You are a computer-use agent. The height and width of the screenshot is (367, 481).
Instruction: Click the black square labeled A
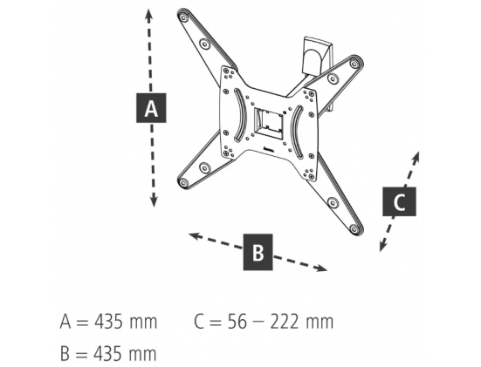pyautogui.click(x=151, y=108)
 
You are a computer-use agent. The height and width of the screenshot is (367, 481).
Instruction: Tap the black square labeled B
pyautogui.click(x=258, y=252)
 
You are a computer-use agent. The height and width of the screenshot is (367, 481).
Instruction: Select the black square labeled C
pyautogui.click(x=399, y=201)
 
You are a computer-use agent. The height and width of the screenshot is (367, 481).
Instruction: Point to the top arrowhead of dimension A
pyautogui.click(x=148, y=16)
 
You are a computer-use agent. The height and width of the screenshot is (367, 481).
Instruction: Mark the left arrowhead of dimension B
pyautogui.click(x=195, y=236)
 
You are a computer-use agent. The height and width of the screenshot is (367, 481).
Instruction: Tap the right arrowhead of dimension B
pyautogui.click(x=321, y=268)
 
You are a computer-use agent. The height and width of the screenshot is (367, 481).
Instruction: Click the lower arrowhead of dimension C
pyautogui.click(x=382, y=245)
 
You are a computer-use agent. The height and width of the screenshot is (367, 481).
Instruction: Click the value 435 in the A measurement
pyautogui.click(x=108, y=322)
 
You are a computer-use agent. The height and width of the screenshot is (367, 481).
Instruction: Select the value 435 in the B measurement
pyautogui.click(x=107, y=353)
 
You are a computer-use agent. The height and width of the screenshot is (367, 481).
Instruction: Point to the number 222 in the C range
pyautogui.click(x=285, y=322)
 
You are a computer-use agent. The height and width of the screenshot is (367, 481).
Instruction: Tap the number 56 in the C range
pyautogui.click(x=237, y=322)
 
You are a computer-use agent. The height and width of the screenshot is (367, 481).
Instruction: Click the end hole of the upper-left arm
pyautogui.click(x=183, y=17)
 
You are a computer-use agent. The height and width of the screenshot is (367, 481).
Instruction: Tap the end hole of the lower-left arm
pyautogui.click(x=183, y=183)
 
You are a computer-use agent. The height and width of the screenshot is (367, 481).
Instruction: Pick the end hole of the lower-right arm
pyautogui.click(x=354, y=229)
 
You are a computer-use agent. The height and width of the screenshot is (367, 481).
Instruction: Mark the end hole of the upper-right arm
pyautogui.click(x=354, y=64)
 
